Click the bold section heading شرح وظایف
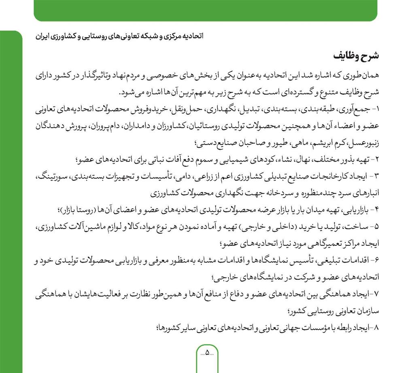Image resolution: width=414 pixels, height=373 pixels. click(x=356, y=55)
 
